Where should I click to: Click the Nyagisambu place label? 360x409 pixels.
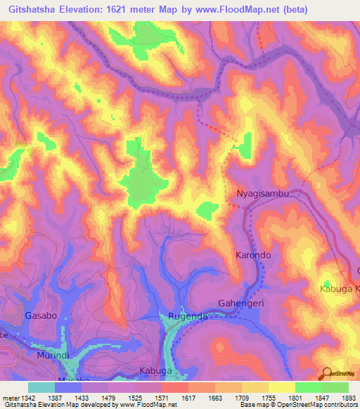tap(263, 193)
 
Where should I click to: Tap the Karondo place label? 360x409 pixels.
tap(252, 255)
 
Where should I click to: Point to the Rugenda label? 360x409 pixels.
tap(186, 316)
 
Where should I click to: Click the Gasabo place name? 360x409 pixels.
tap(41, 316)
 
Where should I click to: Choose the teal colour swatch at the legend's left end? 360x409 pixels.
tap(41, 387)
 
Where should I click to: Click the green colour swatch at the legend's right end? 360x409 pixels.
tap(335, 387)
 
